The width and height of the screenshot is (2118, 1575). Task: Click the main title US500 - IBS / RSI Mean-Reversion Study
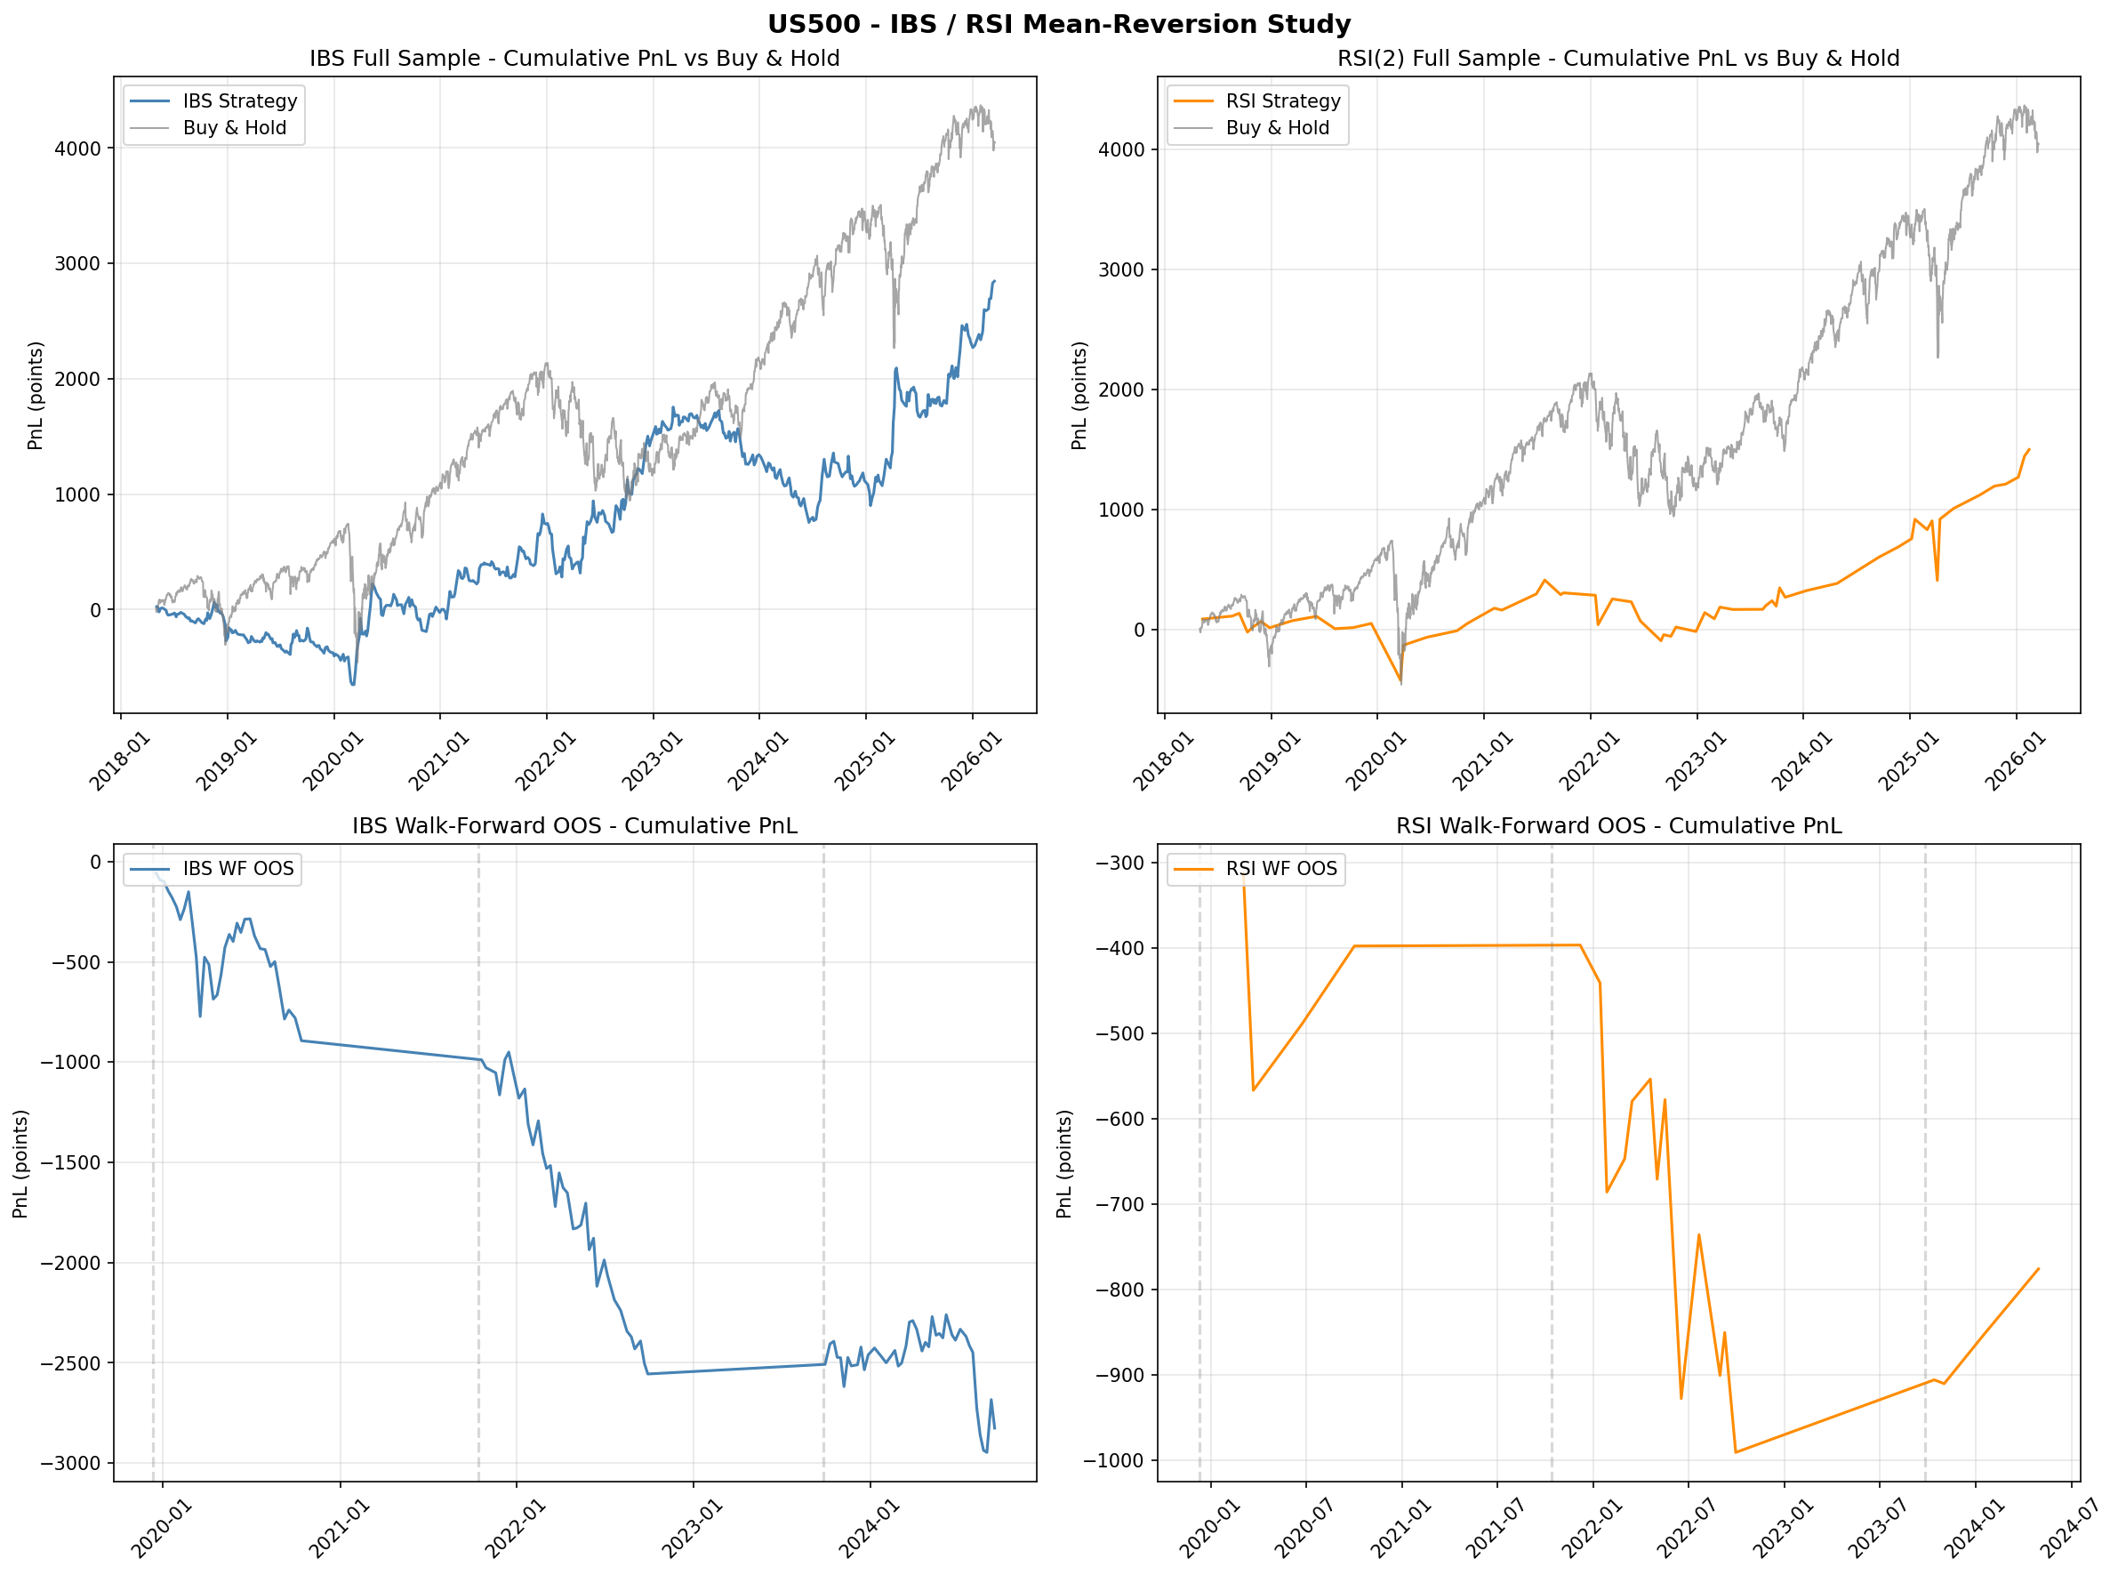(x=1059, y=24)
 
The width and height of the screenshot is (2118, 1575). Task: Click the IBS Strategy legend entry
(x=239, y=101)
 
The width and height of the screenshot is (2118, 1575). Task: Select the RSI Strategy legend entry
(x=1282, y=101)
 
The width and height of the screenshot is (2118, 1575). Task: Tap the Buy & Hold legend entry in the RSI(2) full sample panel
(x=1276, y=128)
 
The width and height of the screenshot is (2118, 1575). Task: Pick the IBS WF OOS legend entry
(x=237, y=869)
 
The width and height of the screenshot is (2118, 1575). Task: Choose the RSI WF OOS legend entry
(x=1281, y=869)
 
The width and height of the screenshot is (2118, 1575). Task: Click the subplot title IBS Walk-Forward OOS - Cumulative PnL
(x=574, y=825)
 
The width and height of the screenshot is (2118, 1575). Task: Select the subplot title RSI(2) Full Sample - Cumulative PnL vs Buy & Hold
(x=1618, y=58)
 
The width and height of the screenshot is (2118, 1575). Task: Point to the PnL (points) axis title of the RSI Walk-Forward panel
(x=1064, y=1163)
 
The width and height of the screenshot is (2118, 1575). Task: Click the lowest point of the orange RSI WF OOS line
(x=1736, y=1452)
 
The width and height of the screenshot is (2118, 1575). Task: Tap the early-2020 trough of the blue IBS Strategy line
(x=353, y=685)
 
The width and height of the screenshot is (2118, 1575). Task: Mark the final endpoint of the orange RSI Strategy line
(x=2029, y=449)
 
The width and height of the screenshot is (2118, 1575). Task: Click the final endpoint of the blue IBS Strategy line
(x=995, y=281)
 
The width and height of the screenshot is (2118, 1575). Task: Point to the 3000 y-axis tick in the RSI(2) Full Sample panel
(x=1121, y=269)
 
